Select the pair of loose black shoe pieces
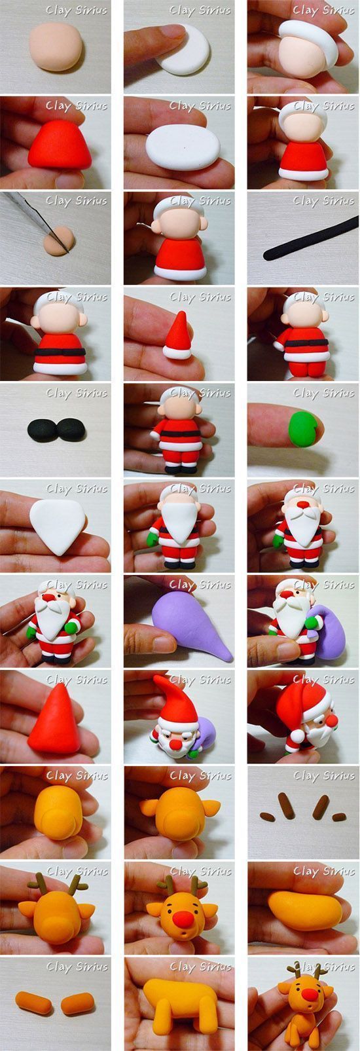(x=56, y=430)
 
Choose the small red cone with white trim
(x=178, y=335)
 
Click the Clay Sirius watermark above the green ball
(x=323, y=393)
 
